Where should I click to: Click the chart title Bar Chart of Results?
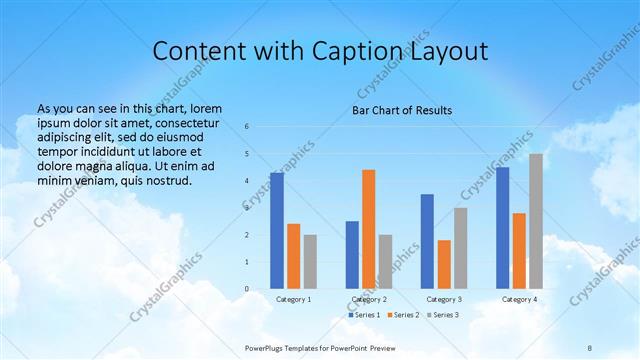point(401,110)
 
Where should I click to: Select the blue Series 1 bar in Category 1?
point(277,231)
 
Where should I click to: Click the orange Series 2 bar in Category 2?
point(368,229)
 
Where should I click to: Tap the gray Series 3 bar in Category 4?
point(536,221)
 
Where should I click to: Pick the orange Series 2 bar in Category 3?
point(444,264)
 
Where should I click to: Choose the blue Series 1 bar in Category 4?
point(502,228)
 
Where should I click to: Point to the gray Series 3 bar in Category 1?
point(310,262)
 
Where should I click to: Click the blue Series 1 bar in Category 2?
point(352,255)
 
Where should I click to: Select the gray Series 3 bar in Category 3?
point(460,248)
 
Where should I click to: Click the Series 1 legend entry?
point(363,315)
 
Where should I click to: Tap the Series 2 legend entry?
point(403,315)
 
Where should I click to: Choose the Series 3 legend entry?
point(443,315)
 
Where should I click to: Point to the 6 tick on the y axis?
point(246,127)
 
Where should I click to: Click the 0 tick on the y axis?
point(246,289)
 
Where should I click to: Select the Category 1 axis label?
point(293,299)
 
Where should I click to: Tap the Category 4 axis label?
point(519,299)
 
